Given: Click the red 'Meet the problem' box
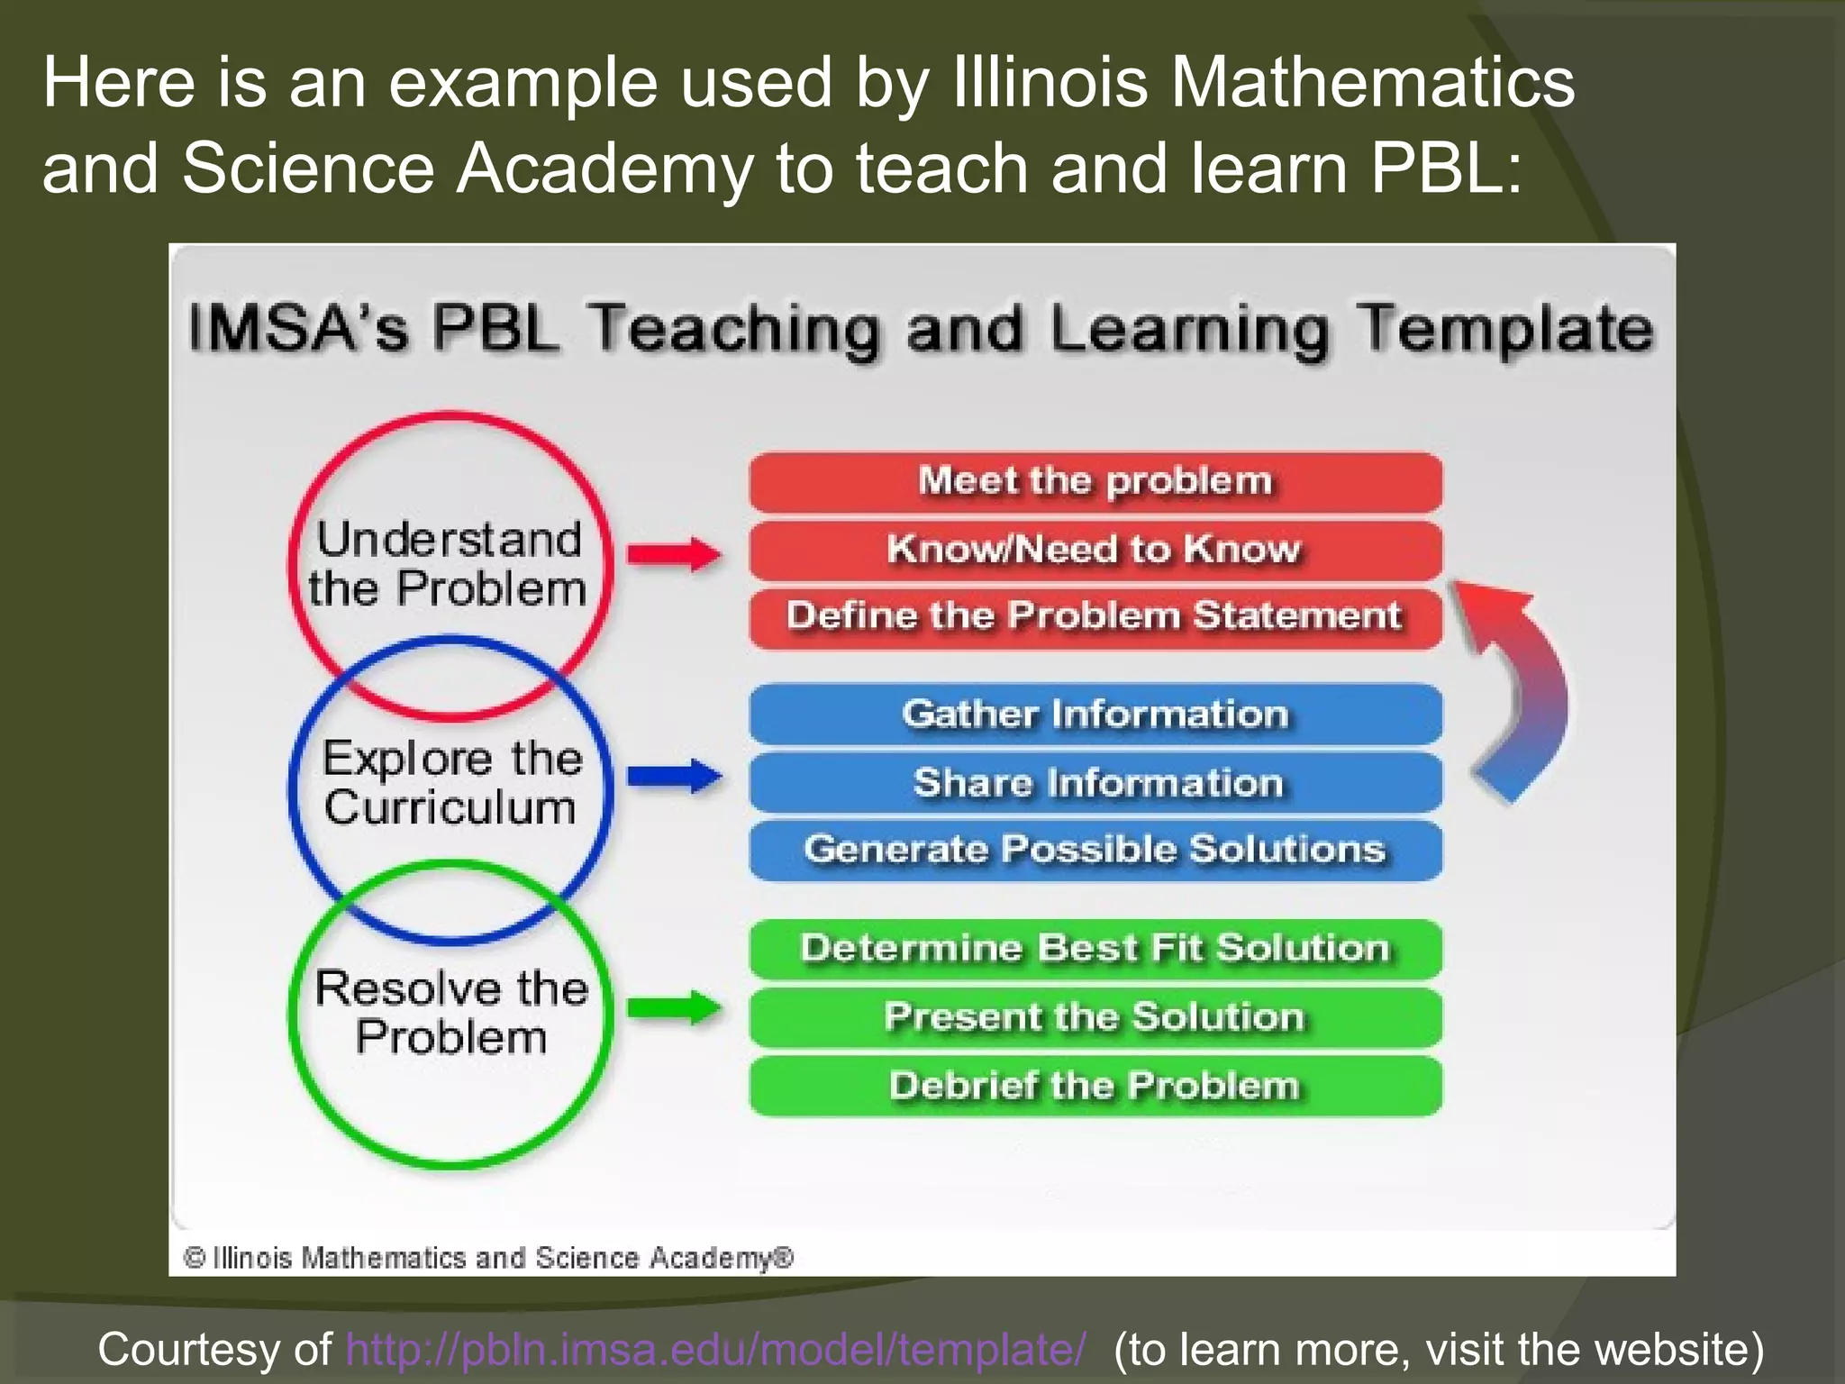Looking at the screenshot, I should coord(1095,482).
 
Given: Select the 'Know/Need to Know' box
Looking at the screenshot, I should coord(1095,550).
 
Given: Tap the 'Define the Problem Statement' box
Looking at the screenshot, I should coord(1095,617).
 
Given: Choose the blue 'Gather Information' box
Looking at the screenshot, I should coord(1095,715).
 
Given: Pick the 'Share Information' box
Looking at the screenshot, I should coord(1095,782).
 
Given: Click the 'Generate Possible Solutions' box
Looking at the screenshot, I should coord(1095,850).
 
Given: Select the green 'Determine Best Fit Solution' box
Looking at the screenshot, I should coord(1095,949).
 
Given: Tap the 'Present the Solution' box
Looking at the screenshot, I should coord(1095,1017).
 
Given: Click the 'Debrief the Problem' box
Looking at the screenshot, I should coord(1095,1086).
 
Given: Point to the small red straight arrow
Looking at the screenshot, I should coord(674,554).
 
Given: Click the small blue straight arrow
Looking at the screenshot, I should coord(674,776).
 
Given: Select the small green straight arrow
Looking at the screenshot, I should coord(674,1007).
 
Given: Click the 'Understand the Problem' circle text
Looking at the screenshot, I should coord(449,564).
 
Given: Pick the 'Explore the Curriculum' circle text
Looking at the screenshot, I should coord(450,782).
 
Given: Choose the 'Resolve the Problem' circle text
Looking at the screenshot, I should coord(450,1012).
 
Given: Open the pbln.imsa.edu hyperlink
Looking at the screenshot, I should coord(715,1349).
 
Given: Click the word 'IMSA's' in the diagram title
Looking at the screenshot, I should coord(298,328).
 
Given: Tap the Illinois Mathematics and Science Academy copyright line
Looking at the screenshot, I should coord(487,1257).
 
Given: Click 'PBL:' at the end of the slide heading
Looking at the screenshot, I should coord(1446,168).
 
